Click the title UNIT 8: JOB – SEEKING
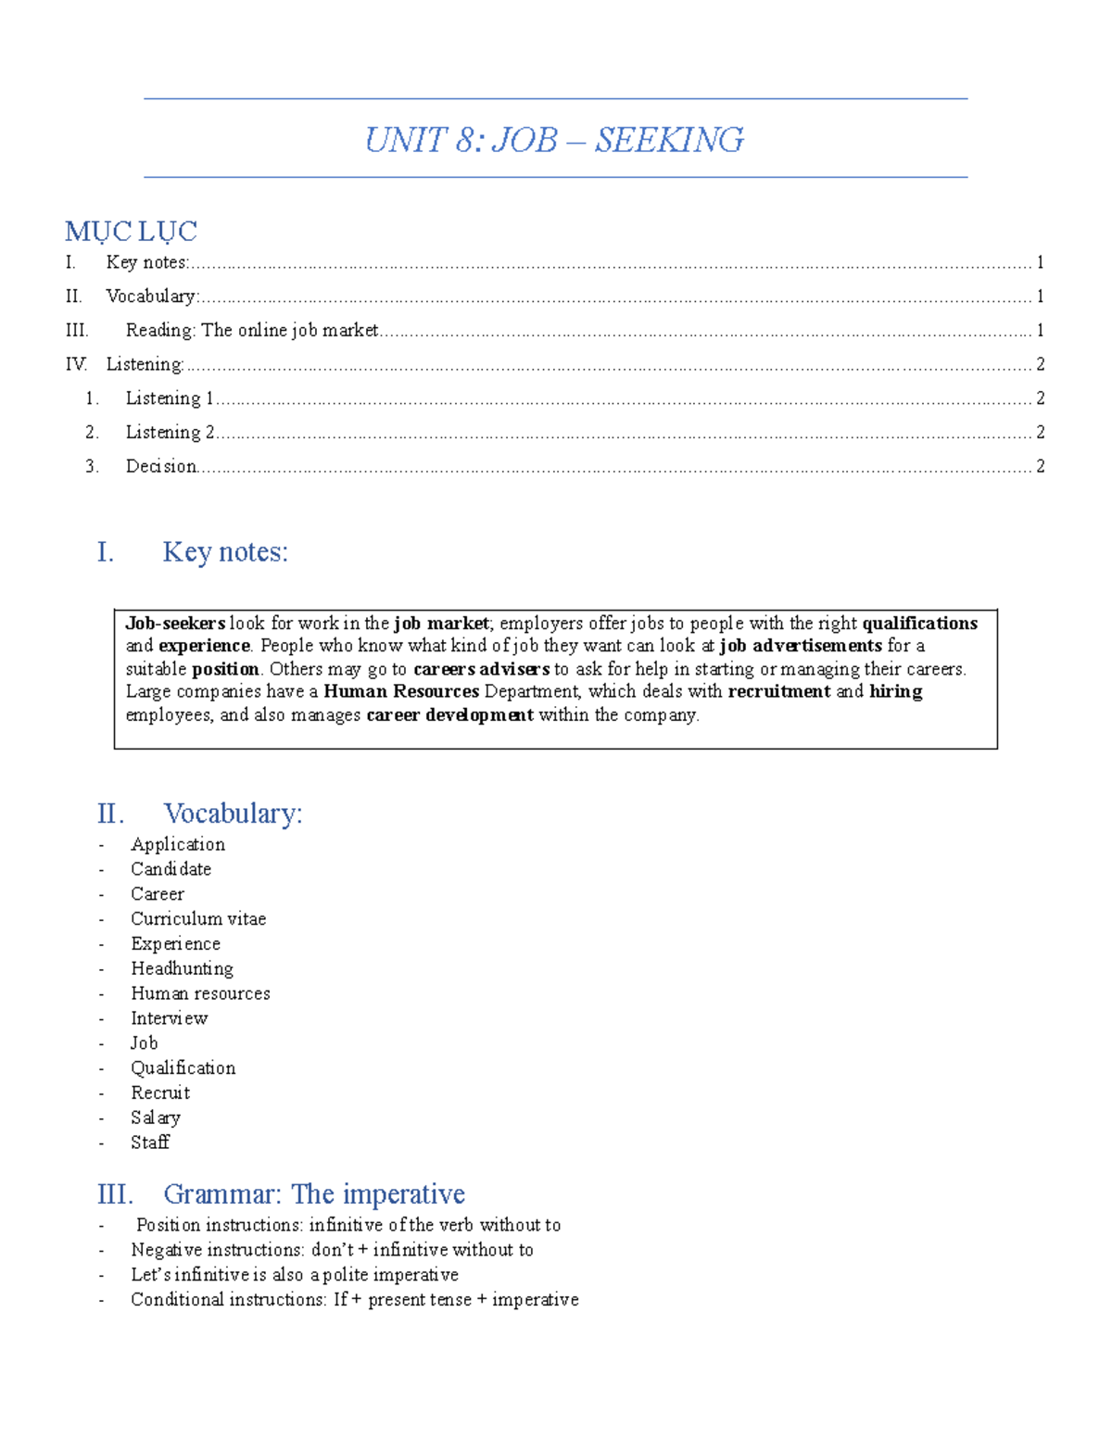553,140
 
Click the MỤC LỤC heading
131,231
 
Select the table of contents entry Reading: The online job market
252,330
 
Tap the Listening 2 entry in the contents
170,432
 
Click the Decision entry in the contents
161,466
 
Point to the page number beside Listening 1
1040,398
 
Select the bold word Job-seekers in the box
175,624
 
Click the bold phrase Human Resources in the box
400,691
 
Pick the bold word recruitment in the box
778,691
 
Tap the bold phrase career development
449,714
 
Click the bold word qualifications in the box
919,624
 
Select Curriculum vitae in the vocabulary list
198,919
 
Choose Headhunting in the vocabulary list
182,968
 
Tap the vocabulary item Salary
155,1117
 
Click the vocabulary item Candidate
171,869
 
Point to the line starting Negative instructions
332,1250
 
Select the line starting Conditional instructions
354,1300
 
